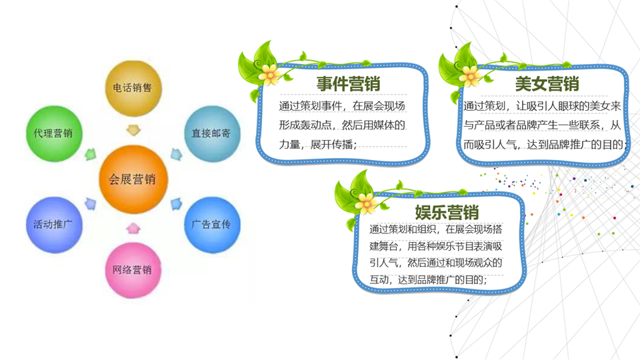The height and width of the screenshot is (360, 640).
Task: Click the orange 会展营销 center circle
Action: pyautogui.click(x=133, y=179)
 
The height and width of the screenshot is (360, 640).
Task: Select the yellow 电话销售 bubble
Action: pyautogui.click(x=133, y=89)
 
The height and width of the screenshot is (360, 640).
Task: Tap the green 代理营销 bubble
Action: pyautogui.click(x=54, y=134)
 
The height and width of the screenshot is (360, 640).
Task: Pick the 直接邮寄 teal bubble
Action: pyautogui.click(x=212, y=134)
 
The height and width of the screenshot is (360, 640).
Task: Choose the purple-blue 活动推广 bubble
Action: pyautogui.click(x=54, y=225)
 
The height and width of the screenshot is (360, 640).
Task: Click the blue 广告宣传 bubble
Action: pyautogui.click(x=212, y=225)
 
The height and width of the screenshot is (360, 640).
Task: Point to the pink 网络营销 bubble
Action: pyautogui.click(x=133, y=270)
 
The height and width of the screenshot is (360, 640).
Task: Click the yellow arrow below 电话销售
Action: pyautogui.click(x=133, y=130)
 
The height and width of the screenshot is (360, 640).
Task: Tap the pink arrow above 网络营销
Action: pyautogui.click(x=133, y=228)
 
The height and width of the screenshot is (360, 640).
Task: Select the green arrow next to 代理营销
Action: pyautogui.click(x=91, y=154)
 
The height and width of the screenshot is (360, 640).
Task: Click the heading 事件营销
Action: pyautogui.click(x=348, y=84)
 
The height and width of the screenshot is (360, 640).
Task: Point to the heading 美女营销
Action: pyautogui.click(x=547, y=84)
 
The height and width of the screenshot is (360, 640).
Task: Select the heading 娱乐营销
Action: pyautogui.click(x=447, y=212)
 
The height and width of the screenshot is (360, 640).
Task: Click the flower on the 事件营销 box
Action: pyautogui.click(x=269, y=75)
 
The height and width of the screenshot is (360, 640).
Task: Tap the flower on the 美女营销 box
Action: pyautogui.click(x=470, y=76)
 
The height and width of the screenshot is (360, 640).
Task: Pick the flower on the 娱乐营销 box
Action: pyautogui.click(x=366, y=203)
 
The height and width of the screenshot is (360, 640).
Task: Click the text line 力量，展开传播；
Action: pyautogui.click(x=318, y=145)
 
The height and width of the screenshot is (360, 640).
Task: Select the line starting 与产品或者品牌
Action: pyautogui.click(x=542, y=125)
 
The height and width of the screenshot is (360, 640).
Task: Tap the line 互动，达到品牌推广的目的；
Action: pyautogui.click(x=428, y=279)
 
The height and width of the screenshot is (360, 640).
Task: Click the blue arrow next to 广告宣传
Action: pyautogui.click(x=176, y=204)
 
